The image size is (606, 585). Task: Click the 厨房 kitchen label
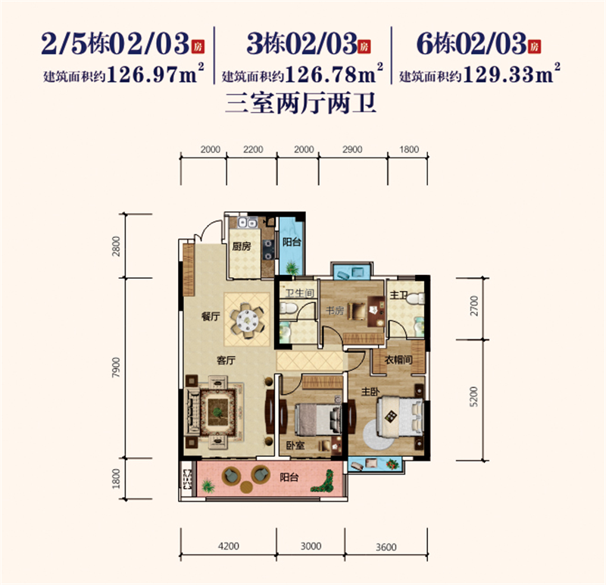click(x=242, y=246)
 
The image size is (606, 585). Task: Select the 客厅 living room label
click(x=226, y=361)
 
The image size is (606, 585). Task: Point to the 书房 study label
click(x=335, y=310)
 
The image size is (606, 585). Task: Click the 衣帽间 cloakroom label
click(x=398, y=360)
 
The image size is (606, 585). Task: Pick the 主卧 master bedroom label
click(x=370, y=392)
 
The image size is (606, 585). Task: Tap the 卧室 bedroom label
click(x=295, y=446)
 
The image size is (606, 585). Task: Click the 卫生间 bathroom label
click(x=299, y=293)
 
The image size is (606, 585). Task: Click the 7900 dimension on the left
click(x=116, y=368)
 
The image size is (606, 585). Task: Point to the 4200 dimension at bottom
click(x=229, y=546)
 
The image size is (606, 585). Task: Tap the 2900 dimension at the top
click(x=352, y=149)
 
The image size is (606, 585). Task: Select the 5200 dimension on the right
click(x=474, y=396)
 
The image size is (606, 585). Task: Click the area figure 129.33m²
click(x=511, y=74)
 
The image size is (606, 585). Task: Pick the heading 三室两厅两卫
click(x=301, y=103)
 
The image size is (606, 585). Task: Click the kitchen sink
click(x=248, y=223)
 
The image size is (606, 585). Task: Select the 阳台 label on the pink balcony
click(x=289, y=477)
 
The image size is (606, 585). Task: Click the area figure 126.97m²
click(x=155, y=74)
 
